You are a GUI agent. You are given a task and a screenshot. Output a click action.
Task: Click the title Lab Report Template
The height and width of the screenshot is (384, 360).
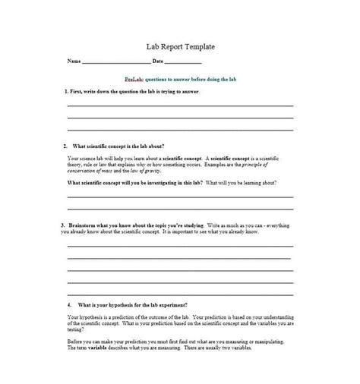pyautogui.click(x=179, y=47)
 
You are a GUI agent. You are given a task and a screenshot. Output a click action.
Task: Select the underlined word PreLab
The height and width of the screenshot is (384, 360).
pyautogui.click(x=133, y=79)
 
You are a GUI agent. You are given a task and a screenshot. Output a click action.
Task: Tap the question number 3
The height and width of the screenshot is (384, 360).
pyautogui.click(x=62, y=225)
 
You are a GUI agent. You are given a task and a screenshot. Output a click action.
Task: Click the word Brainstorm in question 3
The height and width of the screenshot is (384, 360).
pyautogui.click(x=86, y=225)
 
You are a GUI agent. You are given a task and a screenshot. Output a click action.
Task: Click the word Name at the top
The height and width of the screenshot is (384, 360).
pyautogui.click(x=73, y=61)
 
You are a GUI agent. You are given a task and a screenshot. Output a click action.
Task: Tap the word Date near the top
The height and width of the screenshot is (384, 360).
pyautogui.click(x=157, y=61)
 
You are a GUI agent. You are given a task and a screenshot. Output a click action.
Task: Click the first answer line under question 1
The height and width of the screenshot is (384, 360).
pyautogui.click(x=179, y=105)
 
